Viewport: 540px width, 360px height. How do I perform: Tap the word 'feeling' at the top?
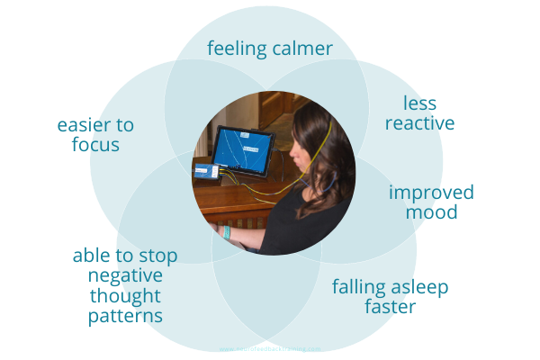(x=236, y=49)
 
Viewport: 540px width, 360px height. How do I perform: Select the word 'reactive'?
(x=419, y=122)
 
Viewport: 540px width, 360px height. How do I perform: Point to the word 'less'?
(x=419, y=102)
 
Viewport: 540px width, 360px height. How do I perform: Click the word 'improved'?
(x=431, y=193)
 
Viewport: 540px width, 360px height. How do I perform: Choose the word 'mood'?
(x=431, y=213)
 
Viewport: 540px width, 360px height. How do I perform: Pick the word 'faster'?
(x=390, y=308)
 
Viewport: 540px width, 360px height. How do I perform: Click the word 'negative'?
(x=125, y=275)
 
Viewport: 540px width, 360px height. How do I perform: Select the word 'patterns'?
(x=125, y=316)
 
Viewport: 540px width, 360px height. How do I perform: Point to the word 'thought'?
(x=125, y=296)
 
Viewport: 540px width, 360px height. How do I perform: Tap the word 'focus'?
(x=95, y=145)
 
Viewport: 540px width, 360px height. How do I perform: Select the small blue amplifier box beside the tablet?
(x=204, y=170)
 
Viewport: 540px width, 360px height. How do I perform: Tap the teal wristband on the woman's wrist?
(x=228, y=233)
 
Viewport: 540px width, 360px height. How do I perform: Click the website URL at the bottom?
(x=270, y=350)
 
